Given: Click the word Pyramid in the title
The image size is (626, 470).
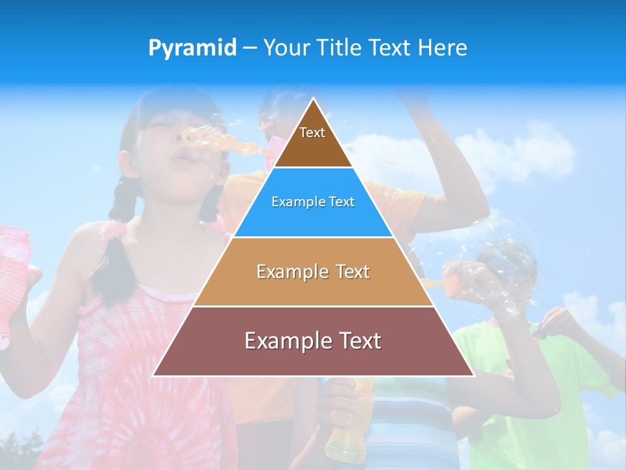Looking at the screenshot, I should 192,48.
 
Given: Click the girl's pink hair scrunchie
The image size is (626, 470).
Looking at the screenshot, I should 113,230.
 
